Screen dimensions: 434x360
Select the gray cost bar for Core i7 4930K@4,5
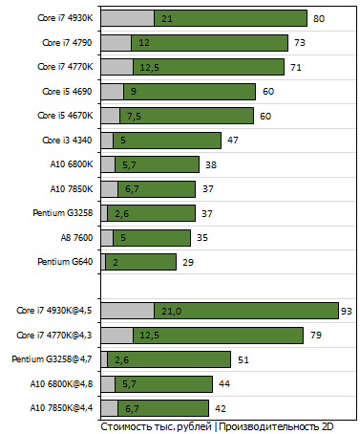click(x=127, y=311)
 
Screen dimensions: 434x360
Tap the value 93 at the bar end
click(x=348, y=311)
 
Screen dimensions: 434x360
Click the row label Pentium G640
click(x=65, y=262)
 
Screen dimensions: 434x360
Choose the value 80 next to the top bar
click(x=319, y=18)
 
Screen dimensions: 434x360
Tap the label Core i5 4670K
click(x=67, y=116)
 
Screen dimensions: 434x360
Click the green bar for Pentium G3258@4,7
click(x=168, y=359)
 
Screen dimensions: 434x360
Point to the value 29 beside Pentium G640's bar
click(x=188, y=262)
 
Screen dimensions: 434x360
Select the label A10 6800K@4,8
click(x=57, y=383)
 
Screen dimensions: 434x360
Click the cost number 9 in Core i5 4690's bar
click(x=133, y=92)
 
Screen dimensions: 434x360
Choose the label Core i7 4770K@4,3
click(x=56, y=335)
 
